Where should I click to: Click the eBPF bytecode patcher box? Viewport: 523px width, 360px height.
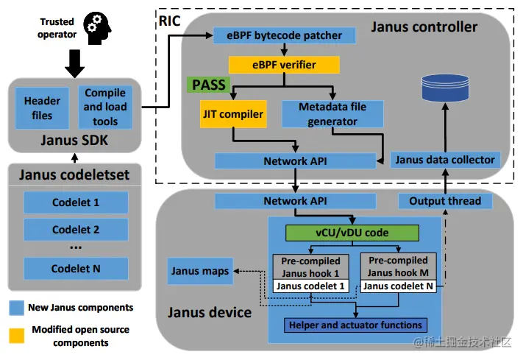pos(284,35)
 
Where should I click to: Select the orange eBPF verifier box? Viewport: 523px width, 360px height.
pos(284,65)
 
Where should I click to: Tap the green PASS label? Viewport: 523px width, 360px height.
pos(208,85)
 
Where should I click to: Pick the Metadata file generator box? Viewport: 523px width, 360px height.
pos(332,113)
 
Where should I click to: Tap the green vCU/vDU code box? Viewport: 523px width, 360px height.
pos(352,233)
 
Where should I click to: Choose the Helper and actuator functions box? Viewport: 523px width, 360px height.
pos(356,325)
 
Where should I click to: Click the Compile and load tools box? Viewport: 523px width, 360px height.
pos(105,107)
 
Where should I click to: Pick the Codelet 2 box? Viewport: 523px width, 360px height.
pos(76,230)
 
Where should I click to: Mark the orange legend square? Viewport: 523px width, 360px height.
pos(16,336)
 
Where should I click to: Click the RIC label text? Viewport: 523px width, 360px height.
pos(170,20)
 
